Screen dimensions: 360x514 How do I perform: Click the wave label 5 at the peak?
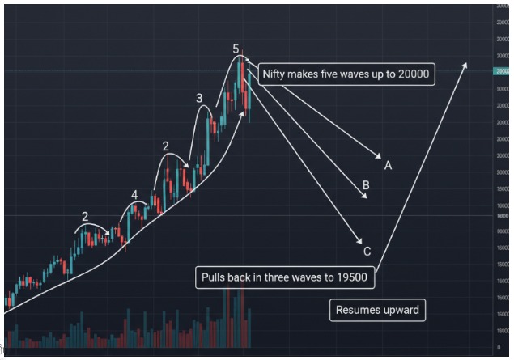[236, 49]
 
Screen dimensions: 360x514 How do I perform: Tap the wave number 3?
[199, 99]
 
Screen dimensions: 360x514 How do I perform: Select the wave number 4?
[134, 195]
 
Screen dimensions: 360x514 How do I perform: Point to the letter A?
[389, 165]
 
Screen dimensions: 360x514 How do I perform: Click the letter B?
[366, 186]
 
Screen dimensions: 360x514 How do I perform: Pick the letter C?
[367, 251]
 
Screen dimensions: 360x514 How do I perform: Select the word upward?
[401, 310]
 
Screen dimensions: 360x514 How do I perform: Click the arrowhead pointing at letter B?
[364, 196]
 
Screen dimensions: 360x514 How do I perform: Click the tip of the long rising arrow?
[465, 63]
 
